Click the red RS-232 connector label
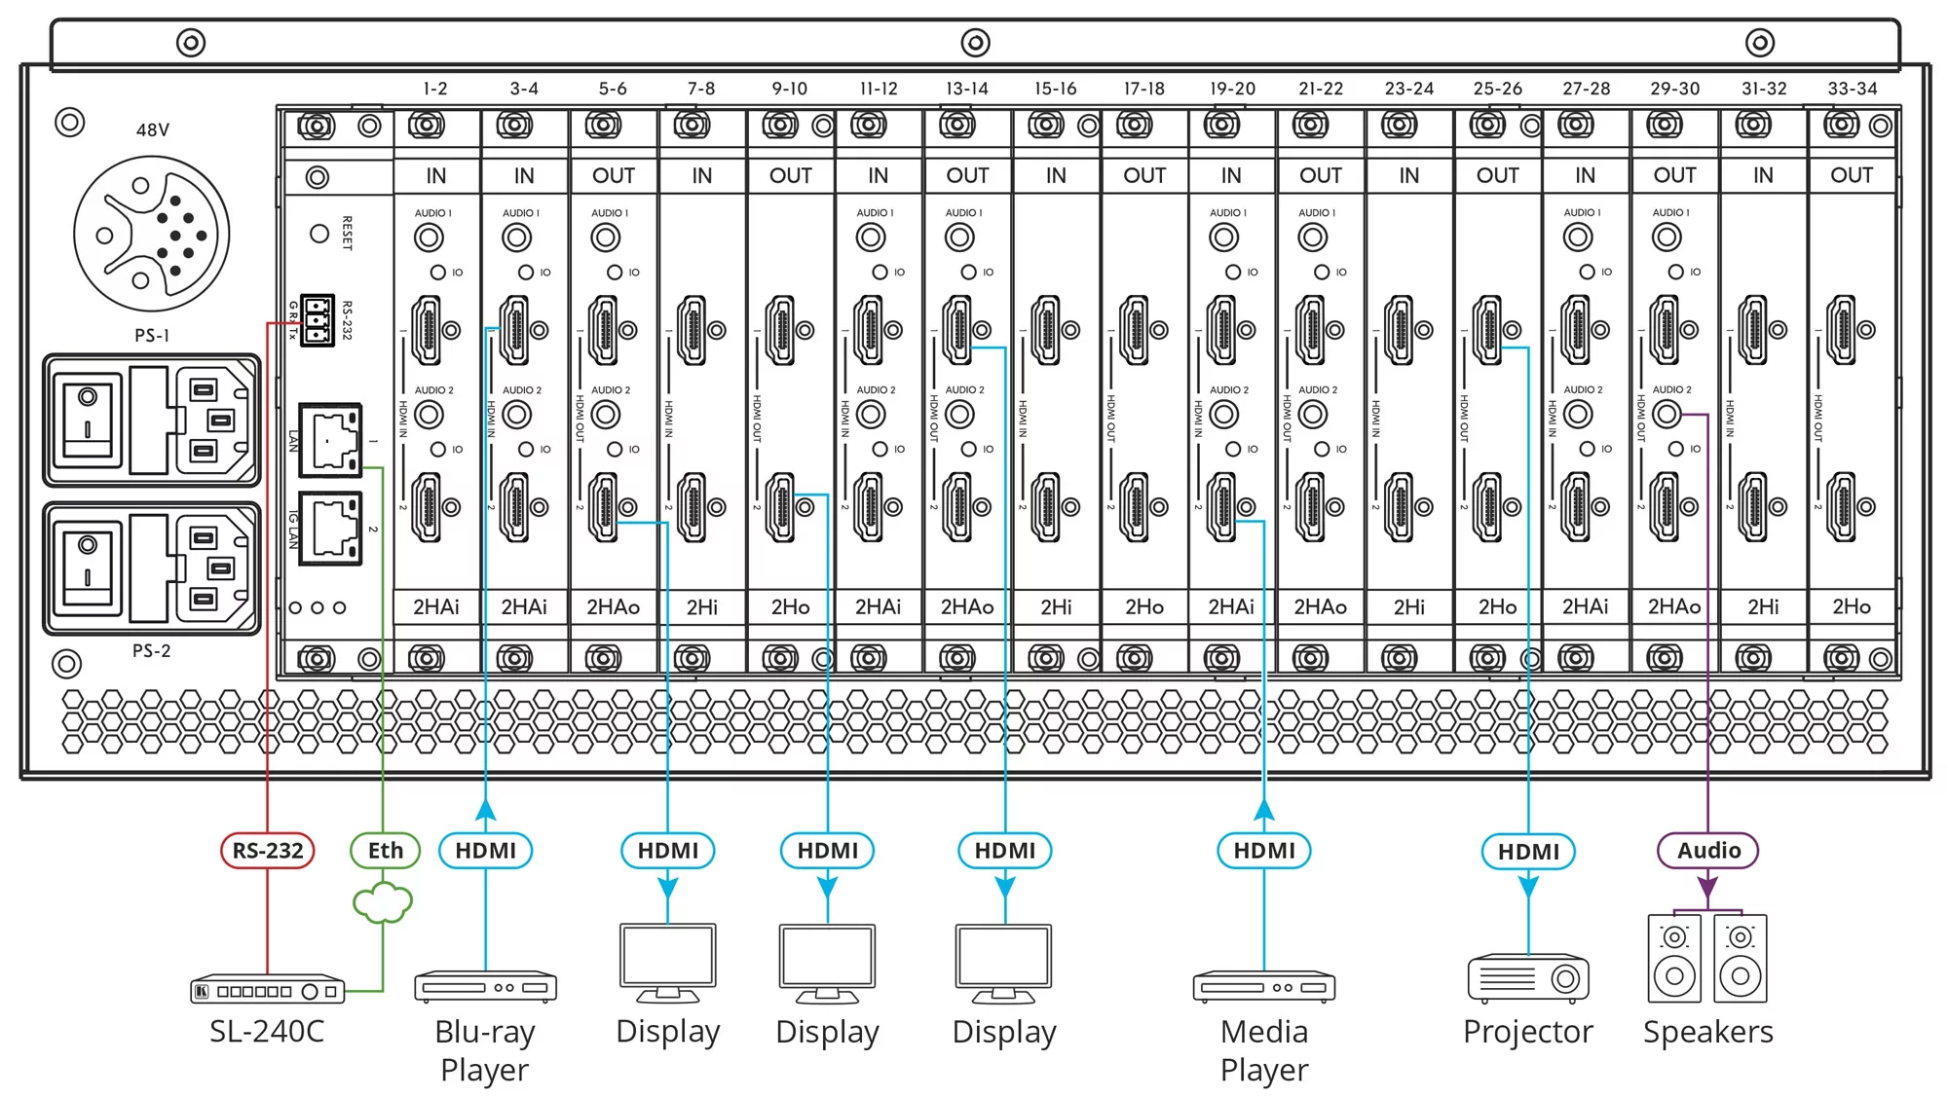(268, 851)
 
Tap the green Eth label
(385, 851)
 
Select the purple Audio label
(1707, 851)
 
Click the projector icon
(1528, 979)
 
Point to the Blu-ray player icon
(485, 987)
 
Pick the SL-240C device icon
(267, 991)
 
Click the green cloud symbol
(383, 903)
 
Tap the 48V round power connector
(152, 235)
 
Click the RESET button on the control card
(319, 234)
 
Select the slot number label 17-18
(1143, 89)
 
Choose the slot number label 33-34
(1852, 89)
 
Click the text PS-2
(151, 650)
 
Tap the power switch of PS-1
(88, 421)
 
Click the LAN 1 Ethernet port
(330, 441)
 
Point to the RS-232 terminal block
(317, 320)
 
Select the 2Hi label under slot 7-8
(701, 607)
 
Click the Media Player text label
(1264, 1050)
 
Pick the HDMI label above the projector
(1528, 852)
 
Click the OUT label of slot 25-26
(1497, 176)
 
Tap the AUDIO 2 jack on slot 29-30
(1667, 415)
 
